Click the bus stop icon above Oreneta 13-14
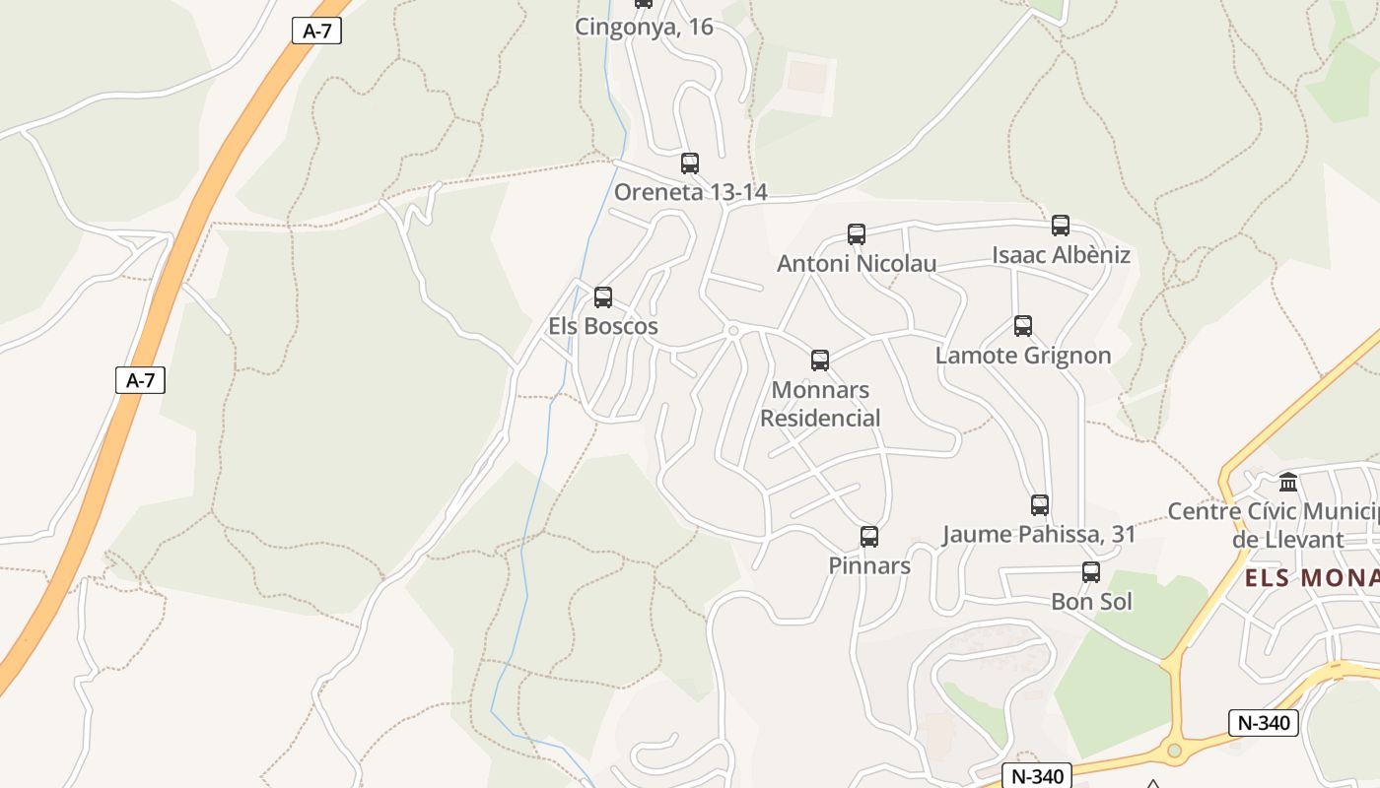[x=690, y=164]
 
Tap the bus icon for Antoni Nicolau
[x=857, y=234]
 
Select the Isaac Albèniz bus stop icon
[x=1061, y=226]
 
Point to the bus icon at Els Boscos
[x=603, y=296]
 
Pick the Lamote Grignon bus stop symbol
[x=1023, y=326]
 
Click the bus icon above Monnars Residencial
[x=820, y=361]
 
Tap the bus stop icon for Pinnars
[x=869, y=537]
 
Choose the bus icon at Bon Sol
[x=1091, y=572]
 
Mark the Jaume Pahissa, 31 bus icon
[x=1040, y=505]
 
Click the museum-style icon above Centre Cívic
[x=1288, y=483]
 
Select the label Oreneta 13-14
[x=690, y=192]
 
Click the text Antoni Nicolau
[x=857, y=263]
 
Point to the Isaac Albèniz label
[x=1061, y=255]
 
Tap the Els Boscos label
[x=603, y=326]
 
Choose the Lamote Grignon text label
[x=1023, y=356]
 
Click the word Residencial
[x=820, y=418]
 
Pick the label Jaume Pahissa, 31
[x=1039, y=535]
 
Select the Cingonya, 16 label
[x=644, y=27]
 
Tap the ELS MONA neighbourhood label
[x=1311, y=578]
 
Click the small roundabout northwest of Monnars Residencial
[x=732, y=331]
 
